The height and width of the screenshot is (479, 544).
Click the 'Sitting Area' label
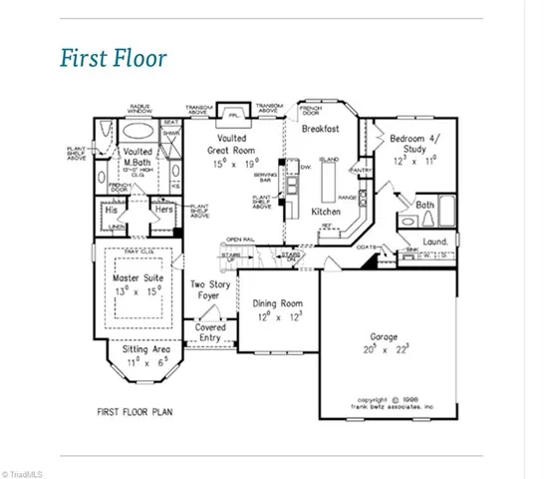coord(139,354)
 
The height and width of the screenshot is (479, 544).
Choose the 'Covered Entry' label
coord(210,332)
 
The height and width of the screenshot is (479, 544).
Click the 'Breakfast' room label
coord(321,129)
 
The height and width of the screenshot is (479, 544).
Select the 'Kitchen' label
coord(327,213)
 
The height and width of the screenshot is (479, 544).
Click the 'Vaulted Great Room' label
coord(231,150)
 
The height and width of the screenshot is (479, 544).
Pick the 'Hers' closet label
coord(163,211)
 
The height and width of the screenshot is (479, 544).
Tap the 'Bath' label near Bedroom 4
coord(424,204)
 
